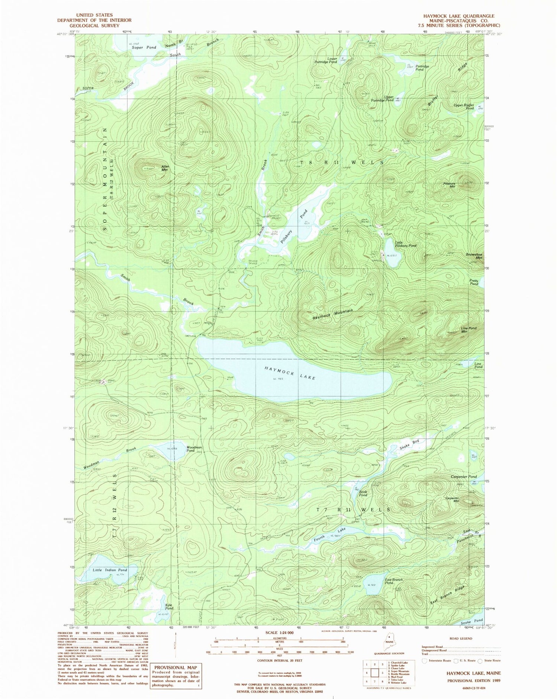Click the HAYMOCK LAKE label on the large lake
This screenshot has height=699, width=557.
pos(290,373)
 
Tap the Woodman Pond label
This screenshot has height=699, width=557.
pos(194,449)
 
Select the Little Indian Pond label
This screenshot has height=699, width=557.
pos(110,570)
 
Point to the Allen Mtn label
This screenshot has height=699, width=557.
pos(165,168)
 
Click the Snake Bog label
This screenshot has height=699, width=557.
pos(410,443)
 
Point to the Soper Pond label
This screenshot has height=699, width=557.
pos(141,48)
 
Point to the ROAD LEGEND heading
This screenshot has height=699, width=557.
pos(460,638)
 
